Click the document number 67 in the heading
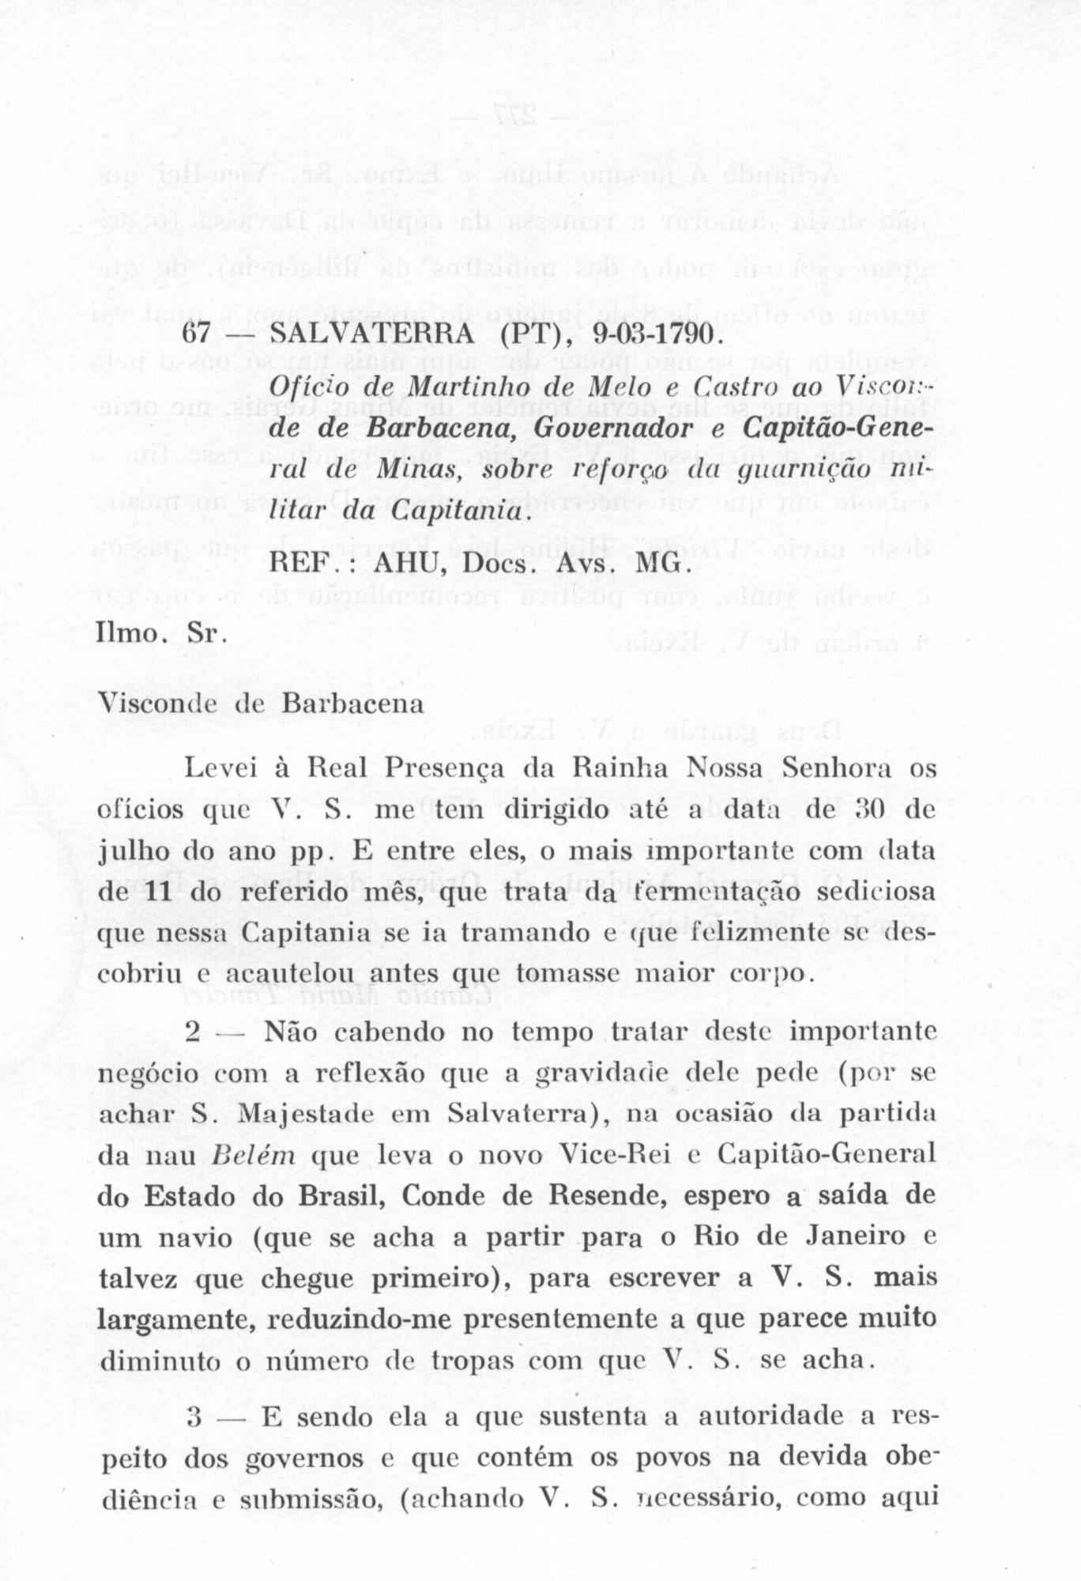[x=195, y=334]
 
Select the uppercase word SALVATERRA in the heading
[x=371, y=334]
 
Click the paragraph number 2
[x=194, y=1032]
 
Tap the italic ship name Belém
[x=253, y=1156]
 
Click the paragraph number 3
[x=194, y=1417]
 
